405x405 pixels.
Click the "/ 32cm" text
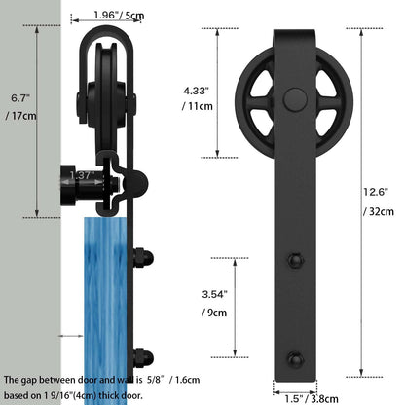pyautogui.click(x=380, y=211)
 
